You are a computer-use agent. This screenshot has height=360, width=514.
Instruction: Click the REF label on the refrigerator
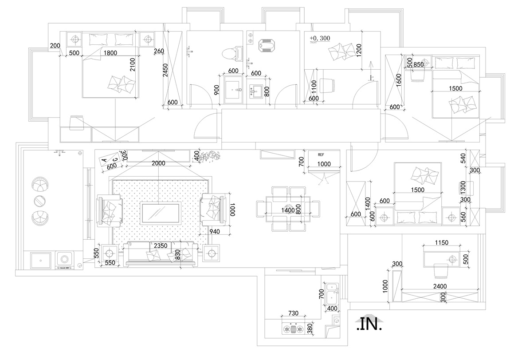(321, 155)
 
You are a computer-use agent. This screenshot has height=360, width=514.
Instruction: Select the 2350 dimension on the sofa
(160, 245)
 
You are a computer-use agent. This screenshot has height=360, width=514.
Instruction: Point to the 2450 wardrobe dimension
(165, 70)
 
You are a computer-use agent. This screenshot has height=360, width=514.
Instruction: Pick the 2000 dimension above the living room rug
(158, 163)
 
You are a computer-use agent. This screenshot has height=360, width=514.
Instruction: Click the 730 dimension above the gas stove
(294, 313)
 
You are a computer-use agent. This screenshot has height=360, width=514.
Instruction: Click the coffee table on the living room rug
(160, 213)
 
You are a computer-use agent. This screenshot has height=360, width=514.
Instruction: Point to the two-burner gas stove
(294, 329)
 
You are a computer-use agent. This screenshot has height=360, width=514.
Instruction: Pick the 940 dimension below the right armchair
(215, 231)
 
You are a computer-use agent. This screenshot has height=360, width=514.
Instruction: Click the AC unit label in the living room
(110, 159)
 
